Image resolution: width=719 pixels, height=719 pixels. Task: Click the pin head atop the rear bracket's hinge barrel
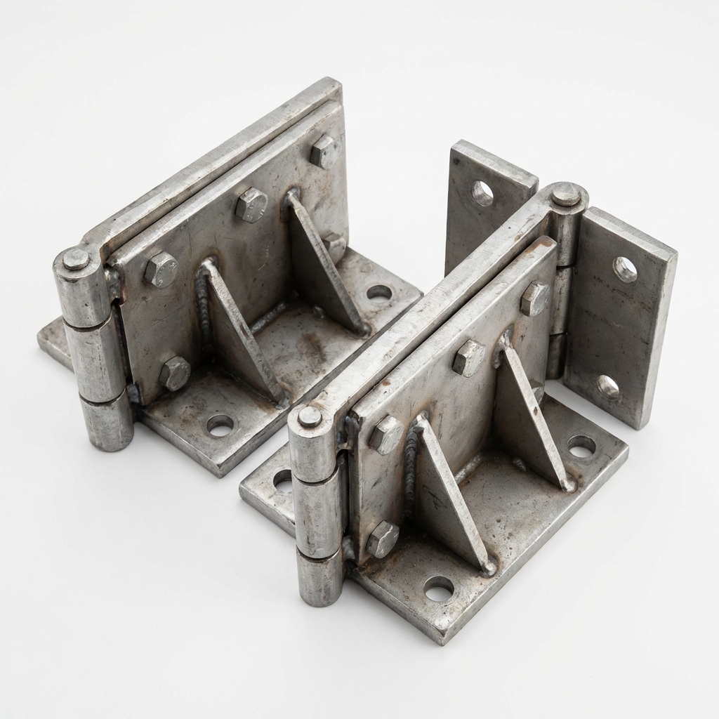click(x=76, y=259)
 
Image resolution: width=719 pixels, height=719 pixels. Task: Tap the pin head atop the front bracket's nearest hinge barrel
click(x=310, y=416)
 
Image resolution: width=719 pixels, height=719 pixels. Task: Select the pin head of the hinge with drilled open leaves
click(x=565, y=194)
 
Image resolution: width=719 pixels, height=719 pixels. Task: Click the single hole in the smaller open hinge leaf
click(x=482, y=193)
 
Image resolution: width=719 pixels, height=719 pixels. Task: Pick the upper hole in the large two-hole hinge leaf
click(x=624, y=270)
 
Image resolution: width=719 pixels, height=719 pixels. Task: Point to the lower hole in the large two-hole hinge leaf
click(x=608, y=386)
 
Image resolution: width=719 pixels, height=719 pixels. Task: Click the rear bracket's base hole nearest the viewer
click(x=220, y=425)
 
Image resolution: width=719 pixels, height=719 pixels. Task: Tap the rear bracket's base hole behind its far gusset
click(x=379, y=292)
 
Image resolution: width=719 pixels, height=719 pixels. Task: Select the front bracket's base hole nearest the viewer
click(x=438, y=588)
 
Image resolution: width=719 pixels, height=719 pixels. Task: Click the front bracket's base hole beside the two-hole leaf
click(x=581, y=446)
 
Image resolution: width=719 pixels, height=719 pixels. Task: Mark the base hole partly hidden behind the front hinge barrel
click(x=282, y=480)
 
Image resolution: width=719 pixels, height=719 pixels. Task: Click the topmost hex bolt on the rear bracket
click(x=324, y=151)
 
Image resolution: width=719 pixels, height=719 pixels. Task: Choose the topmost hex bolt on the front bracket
click(x=535, y=298)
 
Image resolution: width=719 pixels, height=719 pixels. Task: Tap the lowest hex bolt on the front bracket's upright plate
click(x=383, y=539)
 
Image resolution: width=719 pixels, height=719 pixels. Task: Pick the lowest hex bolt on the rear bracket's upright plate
click(x=174, y=373)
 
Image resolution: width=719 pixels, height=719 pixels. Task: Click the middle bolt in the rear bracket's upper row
click(x=251, y=205)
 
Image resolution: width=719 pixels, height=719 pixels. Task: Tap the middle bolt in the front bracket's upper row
click(x=468, y=358)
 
